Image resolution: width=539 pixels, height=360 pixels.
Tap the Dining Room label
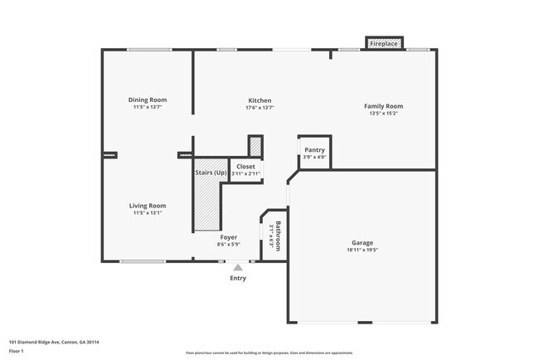148,100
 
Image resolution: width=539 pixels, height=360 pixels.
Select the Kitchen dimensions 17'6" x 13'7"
260,108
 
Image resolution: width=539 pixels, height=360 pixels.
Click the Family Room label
383,106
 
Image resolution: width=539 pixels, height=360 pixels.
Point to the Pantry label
314,149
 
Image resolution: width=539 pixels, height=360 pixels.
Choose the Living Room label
148,205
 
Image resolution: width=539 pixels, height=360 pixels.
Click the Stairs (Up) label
211,173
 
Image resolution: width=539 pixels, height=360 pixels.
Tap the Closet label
246,167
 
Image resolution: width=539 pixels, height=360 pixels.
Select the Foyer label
229,237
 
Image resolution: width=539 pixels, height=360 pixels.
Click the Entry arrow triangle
238,267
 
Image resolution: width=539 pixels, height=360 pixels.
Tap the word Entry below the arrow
238,278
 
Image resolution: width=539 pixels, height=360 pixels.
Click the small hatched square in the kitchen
255,146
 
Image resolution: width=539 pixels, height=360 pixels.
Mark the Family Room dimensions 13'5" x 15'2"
383,114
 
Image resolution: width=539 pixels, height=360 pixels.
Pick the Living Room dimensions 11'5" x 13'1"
148,212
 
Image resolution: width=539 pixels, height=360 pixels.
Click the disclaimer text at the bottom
269,353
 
